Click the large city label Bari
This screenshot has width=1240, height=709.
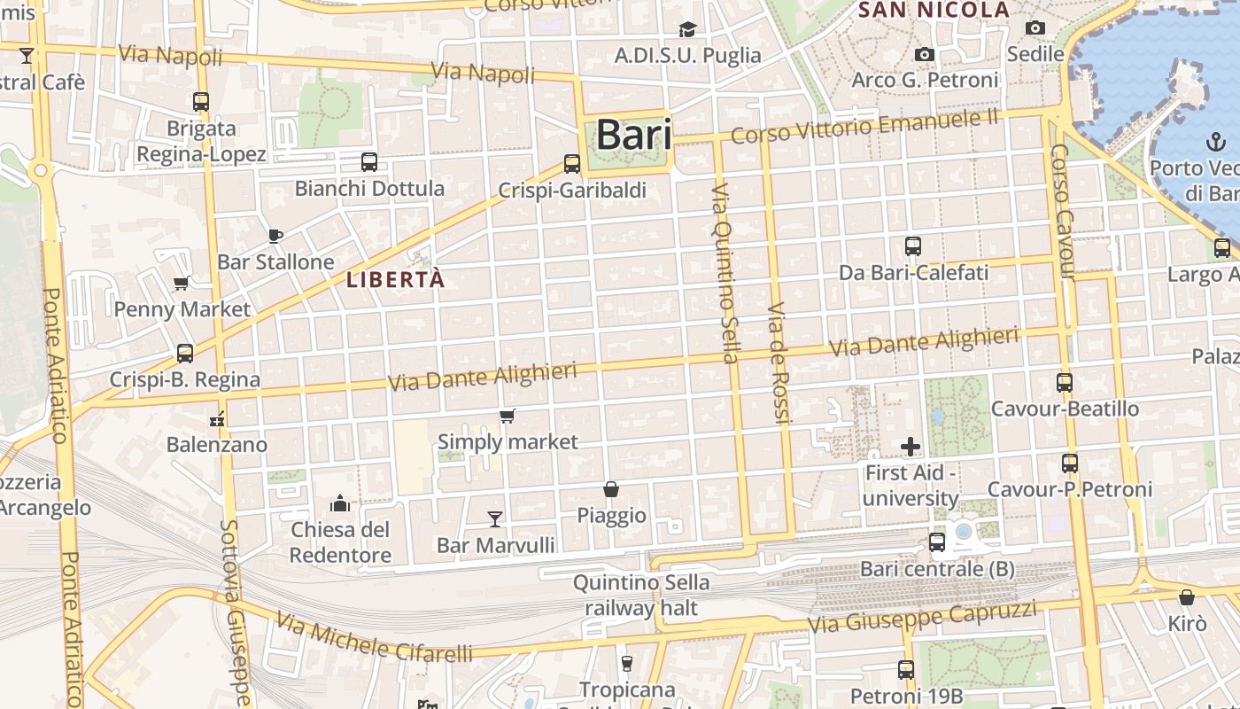point(633,136)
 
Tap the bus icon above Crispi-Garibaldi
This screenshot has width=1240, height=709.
point(572,164)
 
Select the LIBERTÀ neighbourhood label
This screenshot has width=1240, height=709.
point(395,280)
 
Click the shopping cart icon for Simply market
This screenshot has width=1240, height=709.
point(508,416)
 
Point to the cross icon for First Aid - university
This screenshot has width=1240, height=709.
point(911,447)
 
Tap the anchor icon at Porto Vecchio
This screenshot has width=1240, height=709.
point(1217,142)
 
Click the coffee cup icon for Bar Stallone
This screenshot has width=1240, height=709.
point(275,236)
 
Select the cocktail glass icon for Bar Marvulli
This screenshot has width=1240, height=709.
point(495,518)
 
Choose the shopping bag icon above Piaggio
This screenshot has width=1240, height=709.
point(611,489)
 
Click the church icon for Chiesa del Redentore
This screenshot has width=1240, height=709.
point(340,504)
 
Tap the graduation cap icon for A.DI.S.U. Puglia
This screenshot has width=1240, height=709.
point(687,29)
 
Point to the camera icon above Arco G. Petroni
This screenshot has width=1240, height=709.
point(925,55)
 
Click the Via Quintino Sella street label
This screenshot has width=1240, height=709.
point(724,273)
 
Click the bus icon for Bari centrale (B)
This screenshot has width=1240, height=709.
point(937,542)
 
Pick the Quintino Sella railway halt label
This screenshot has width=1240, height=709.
point(641,596)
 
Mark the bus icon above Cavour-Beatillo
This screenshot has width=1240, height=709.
point(1065,383)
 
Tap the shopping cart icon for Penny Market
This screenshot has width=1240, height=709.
point(182,284)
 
